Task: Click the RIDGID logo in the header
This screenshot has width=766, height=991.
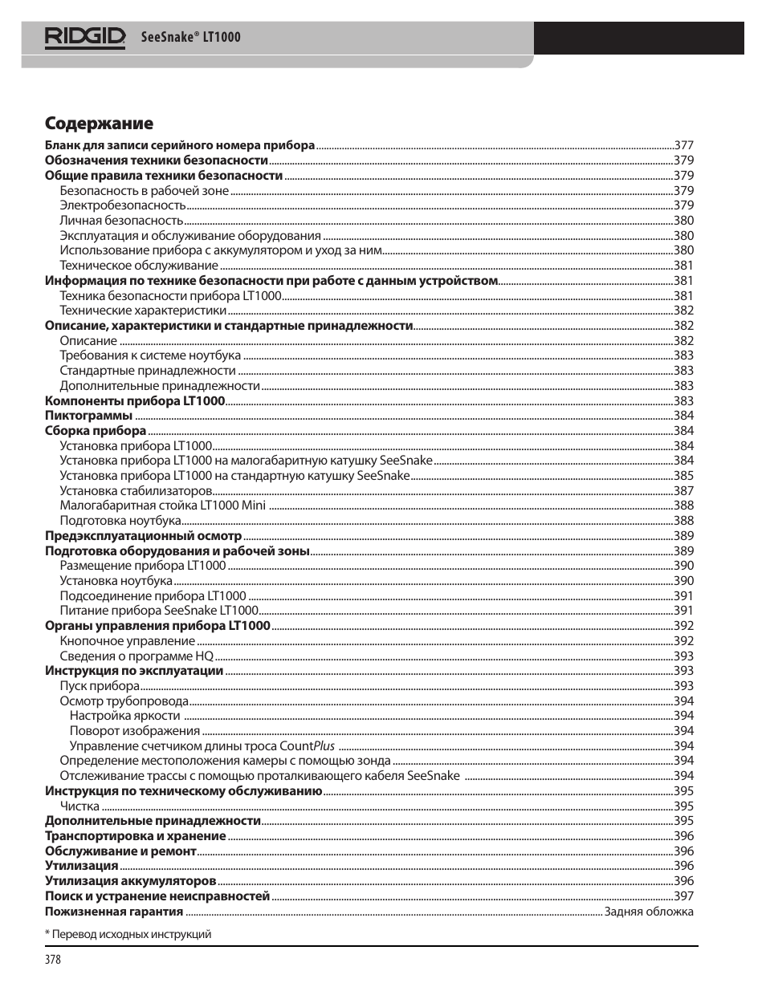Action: coord(85,37)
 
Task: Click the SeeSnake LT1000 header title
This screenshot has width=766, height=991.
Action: coord(190,37)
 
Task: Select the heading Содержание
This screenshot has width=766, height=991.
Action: coord(99,124)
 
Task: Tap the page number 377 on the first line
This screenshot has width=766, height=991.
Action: coord(683,145)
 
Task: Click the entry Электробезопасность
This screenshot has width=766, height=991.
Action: coord(122,205)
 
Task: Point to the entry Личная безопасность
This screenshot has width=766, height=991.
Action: coord(121,221)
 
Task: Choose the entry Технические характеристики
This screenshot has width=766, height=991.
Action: coord(143,311)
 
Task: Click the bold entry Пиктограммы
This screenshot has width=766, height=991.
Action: coord(88,416)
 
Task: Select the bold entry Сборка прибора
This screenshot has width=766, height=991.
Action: coord(96,431)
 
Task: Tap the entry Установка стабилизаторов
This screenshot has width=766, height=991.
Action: coord(136,491)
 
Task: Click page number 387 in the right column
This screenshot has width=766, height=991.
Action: coord(683,491)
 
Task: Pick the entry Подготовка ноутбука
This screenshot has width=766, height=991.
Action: coord(120,521)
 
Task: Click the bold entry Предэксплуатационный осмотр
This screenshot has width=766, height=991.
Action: coord(143,536)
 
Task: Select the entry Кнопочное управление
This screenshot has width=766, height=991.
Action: coord(127,641)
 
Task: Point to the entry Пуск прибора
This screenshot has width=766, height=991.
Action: coord(100,686)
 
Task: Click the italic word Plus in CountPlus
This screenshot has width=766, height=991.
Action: coord(324,746)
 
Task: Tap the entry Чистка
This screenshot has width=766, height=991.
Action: coord(79,806)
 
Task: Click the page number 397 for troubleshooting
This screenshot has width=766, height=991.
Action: coord(683,896)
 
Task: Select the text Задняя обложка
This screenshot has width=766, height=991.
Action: coord(649,912)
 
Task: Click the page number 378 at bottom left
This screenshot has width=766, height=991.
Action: coord(53,960)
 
